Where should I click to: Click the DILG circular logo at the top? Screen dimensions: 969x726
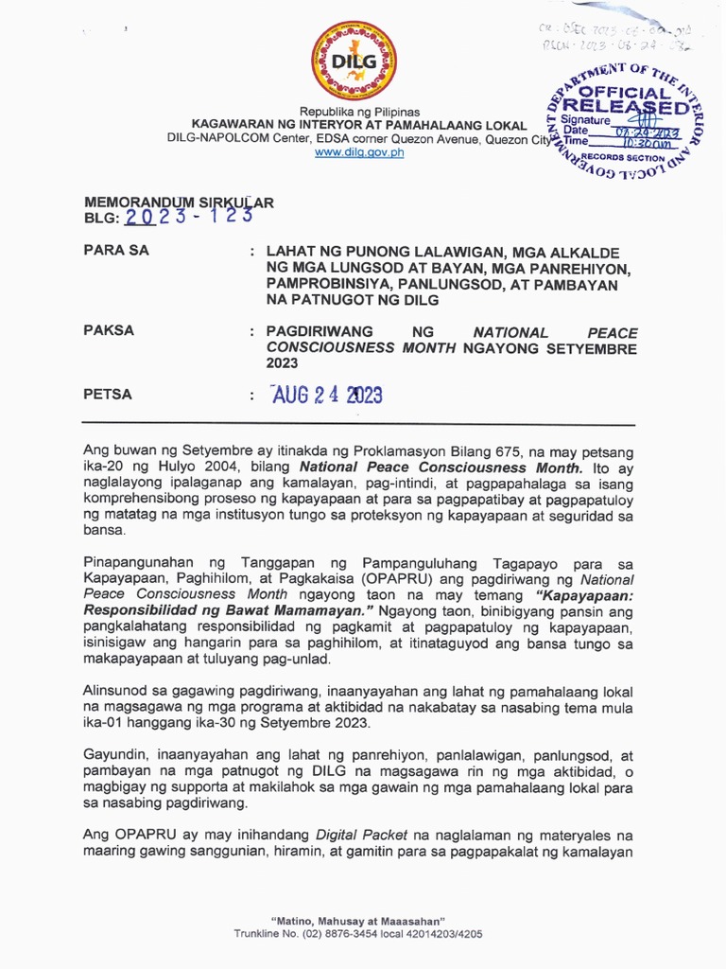pyautogui.click(x=354, y=61)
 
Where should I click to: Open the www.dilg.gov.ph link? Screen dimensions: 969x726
pyautogui.click(x=359, y=152)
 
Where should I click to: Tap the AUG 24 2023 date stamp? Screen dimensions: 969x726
pyautogui.click(x=326, y=395)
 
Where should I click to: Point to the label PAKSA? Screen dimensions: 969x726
pyautogui.click(x=109, y=330)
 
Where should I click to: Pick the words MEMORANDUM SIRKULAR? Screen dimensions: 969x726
pyautogui.click(x=179, y=202)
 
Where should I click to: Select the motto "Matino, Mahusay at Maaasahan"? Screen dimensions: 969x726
pyautogui.click(x=358, y=921)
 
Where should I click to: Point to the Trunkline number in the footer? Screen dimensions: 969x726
pyautogui.click(x=358, y=934)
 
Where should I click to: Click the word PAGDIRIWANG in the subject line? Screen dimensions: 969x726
pyautogui.click(x=320, y=332)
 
